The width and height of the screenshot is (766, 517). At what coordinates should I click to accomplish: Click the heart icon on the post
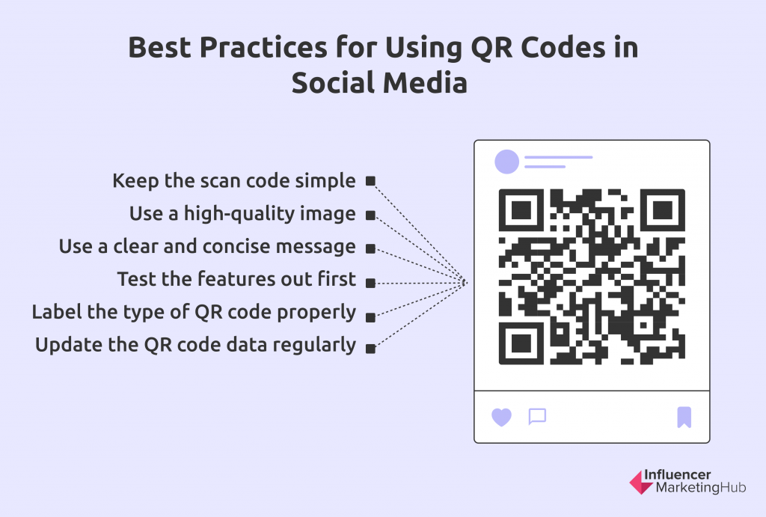point(501,417)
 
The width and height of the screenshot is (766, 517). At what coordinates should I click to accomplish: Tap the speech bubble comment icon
point(537,417)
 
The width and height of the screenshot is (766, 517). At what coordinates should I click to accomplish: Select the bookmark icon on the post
point(684,417)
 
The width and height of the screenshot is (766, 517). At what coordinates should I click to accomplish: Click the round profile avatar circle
point(506,162)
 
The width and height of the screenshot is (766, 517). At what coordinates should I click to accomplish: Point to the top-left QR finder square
point(521,210)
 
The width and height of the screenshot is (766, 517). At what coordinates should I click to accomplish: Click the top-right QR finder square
point(663,210)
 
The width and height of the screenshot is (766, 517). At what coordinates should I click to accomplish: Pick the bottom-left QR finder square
point(521,343)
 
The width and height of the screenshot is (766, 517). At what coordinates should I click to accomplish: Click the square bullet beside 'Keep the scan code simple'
point(371,181)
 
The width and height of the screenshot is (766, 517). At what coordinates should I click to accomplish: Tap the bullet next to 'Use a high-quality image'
point(371,215)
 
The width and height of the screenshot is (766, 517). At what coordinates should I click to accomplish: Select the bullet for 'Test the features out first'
point(371,283)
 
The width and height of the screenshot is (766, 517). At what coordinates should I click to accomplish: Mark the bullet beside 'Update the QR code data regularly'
point(371,349)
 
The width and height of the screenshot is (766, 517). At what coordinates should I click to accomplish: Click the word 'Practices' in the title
point(263,48)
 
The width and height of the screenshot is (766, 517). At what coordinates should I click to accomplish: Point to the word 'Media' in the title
point(425,83)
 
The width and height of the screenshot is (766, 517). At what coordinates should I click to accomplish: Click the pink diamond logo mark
point(641,483)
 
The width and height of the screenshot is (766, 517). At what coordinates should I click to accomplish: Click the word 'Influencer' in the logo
point(678,474)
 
